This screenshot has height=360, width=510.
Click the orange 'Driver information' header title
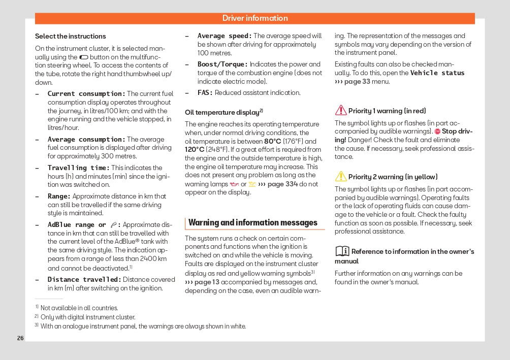point(255,18)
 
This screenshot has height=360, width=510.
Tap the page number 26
point(20,338)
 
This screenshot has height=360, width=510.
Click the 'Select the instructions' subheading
point(71,37)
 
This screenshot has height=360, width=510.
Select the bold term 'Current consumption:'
point(86,94)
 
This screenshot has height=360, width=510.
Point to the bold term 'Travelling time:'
point(79,168)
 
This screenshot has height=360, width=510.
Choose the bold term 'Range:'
point(59,197)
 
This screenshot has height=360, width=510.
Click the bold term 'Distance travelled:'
point(84,280)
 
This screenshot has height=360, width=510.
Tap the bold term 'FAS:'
point(205,93)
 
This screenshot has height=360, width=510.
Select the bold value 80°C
point(272,141)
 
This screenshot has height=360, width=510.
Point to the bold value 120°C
point(195,150)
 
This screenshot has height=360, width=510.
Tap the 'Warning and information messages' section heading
point(253,222)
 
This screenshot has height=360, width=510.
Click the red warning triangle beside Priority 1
point(341,110)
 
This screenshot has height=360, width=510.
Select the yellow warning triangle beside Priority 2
point(341,176)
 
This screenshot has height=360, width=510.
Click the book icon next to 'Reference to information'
point(342,251)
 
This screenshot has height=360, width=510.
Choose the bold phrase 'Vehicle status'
point(437,73)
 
